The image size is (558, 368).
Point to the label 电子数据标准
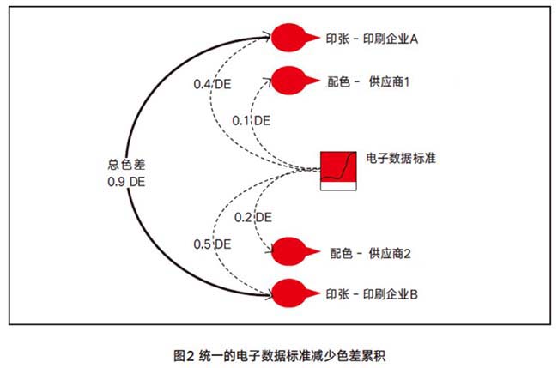click(x=401, y=160)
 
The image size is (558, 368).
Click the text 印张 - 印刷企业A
click(x=371, y=39)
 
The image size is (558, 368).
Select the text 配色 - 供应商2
click(x=370, y=253)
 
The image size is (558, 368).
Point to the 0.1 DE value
click(x=252, y=120)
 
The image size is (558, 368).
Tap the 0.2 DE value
click(x=253, y=217)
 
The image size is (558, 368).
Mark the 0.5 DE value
click(x=212, y=244)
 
